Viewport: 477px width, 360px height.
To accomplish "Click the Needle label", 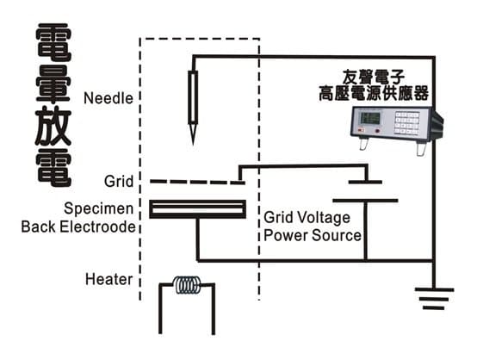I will [x=108, y=97].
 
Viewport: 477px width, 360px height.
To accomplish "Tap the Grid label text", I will [x=118, y=183].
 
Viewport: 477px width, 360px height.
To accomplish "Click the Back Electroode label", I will [x=78, y=227].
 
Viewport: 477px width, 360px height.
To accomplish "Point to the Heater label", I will [x=108, y=279].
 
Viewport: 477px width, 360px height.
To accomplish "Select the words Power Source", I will [x=313, y=235].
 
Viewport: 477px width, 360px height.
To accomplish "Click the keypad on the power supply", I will [x=407, y=122].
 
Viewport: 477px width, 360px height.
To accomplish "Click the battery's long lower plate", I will [x=366, y=200].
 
